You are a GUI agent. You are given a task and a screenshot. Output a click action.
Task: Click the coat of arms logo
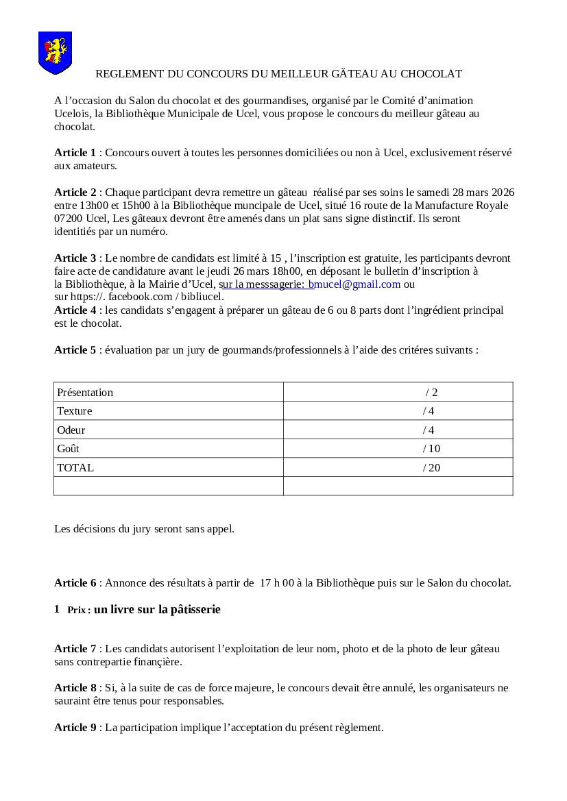click(x=55, y=52)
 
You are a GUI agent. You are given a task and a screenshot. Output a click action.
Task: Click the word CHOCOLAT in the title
click(x=431, y=73)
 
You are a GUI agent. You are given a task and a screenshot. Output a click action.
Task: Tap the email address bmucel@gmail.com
click(x=354, y=284)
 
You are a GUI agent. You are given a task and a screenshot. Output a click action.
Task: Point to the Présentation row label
click(x=85, y=393)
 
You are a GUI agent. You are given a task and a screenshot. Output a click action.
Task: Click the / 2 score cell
click(x=431, y=393)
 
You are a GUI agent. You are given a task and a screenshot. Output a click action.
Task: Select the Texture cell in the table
click(x=75, y=411)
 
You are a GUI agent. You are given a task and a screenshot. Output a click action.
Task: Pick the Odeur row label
click(x=71, y=430)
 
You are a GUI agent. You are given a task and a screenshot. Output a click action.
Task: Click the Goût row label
click(x=69, y=449)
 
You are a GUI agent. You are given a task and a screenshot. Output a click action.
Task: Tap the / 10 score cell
click(x=432, y=449)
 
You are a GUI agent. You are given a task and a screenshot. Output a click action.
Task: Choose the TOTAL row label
click(x=75, y=468)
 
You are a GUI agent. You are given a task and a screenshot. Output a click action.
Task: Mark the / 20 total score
click(x=432, y=468)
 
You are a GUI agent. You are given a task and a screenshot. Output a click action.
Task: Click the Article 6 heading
click(x=75, y=583)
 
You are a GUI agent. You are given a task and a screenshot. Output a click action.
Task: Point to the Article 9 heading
click(x=75, y=728)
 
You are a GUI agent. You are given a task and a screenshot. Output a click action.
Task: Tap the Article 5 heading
click(x=75, y=350)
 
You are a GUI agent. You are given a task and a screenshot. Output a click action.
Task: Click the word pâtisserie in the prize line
click(x=191, y=609)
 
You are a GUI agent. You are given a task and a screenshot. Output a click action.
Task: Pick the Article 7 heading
click(x=75, y=649)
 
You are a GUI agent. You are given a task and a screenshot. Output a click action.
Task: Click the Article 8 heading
click(x=75, y=688)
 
